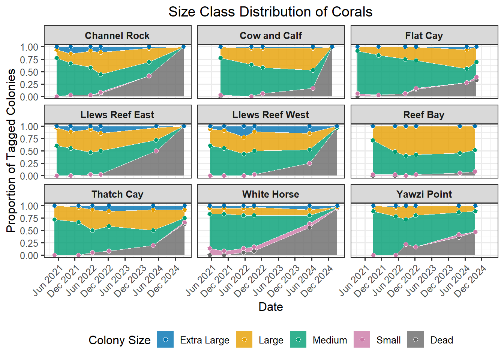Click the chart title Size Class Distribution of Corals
pyautogui.click(x=270, y=12)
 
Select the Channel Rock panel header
pyautogui.click(x=117, y=36)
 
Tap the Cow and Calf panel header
pyautogui.click(x=271, y=36)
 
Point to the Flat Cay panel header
pyautogui.click(x=424, y=36)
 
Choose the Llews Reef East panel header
pyautogui.click(x=117, y=115)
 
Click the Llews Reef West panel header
pyautogui.click(x=271, y=115)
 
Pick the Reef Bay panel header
pyautogui.click(x=424, y=115)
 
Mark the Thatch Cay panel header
pyautogui.click(x=117, y=194)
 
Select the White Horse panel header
pyautogui.click(x=271, y=194)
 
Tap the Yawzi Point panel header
pyautogui.click(x=424, y=194)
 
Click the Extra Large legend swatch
pyautogui.click(x=165, y=339)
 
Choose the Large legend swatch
pyautogui.click(x=244, y=339)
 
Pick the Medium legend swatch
pyautogui.click(x=298, y=339)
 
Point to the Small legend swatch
pyautogui.click(x=362, y=339)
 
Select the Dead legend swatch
pyautogui.click(x=415, y=339)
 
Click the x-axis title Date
pyautogui.click(x=271, y=307)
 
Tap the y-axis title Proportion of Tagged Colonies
pyautogui.click(x=11, y=150)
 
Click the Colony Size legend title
pyautogui.click(x=120, y=340)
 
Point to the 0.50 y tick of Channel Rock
pyautogui.click(x=29, y=72)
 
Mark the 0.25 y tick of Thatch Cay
pyautogui.click(x=29, y=243)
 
